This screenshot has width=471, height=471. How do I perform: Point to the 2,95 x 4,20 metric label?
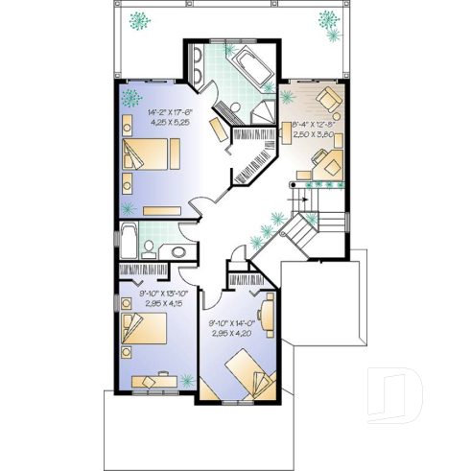click(231, 333)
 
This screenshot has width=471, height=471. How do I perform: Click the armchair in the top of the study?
click(328, 98)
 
